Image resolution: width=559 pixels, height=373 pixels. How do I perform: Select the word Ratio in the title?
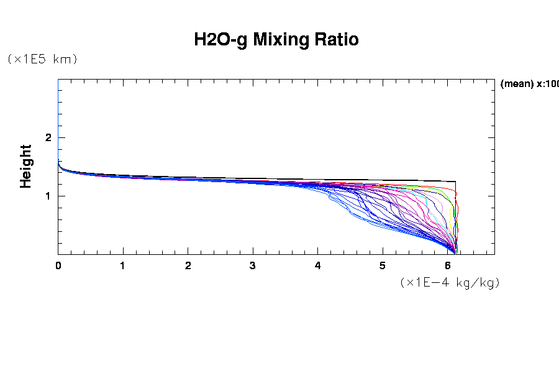(337, 40)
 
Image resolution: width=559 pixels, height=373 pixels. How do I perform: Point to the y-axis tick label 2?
(48, 137)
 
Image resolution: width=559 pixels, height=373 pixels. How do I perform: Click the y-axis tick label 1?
(48, 196)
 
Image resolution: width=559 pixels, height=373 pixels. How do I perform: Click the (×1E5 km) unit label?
(42, 59)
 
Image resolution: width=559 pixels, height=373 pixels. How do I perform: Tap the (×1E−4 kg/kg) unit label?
(450, 282)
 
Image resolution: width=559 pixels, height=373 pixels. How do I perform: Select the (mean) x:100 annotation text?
(529, 84)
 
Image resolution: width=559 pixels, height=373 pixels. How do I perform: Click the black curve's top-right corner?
(456, 182)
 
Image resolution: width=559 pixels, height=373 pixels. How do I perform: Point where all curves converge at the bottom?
(455, 252)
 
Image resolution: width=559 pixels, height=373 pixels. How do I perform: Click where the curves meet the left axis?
(59, 162)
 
